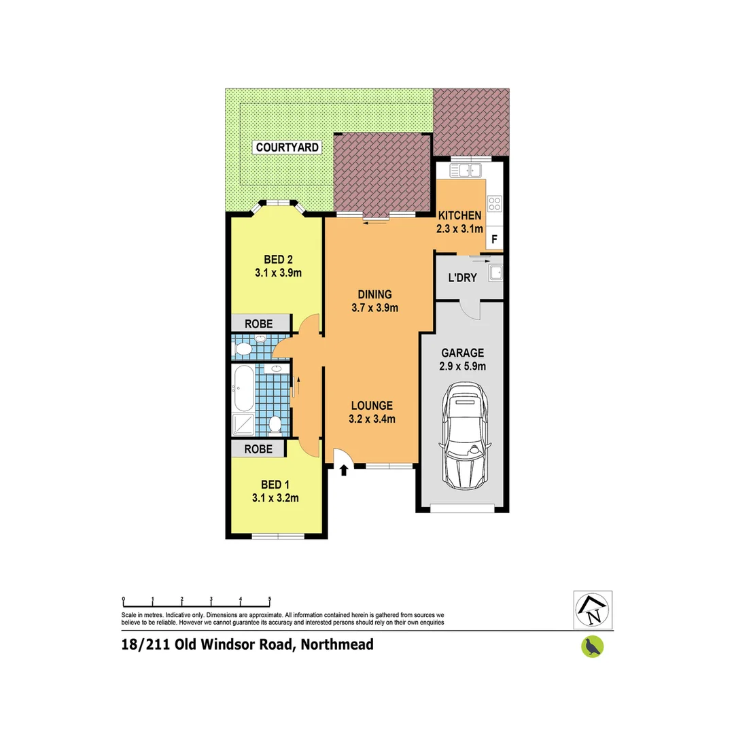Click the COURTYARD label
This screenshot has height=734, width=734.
point(287,147)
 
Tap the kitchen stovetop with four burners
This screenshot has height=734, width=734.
point(494,203)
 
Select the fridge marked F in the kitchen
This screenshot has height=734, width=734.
point(494,239)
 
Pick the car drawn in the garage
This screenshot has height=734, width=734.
point(466,435)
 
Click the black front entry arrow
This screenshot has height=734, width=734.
point(343,470)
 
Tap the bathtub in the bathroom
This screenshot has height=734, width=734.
point(243,388)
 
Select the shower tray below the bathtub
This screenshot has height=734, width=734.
point(243,424)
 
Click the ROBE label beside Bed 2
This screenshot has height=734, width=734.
point(260,324)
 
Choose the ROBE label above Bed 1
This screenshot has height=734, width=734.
point(259,449)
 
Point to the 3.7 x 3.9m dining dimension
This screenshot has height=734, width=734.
point(374,307)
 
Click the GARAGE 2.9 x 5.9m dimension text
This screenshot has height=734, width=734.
point(462,366)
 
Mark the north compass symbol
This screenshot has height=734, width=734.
point(593,610)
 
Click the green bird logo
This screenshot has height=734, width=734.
point(593,646)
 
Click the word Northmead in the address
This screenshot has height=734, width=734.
point(338,644)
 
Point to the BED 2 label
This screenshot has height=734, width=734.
point(277,259)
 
